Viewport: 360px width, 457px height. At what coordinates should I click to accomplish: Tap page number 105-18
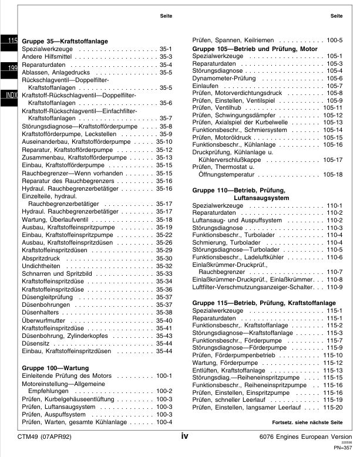coord(332,175)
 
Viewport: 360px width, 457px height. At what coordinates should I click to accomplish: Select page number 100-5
coord(335,40)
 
